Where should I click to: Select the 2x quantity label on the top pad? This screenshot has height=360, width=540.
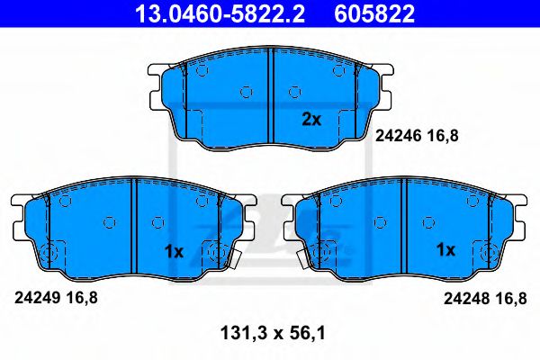coord(310,119)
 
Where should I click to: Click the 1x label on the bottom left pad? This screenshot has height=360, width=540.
coord(174,252)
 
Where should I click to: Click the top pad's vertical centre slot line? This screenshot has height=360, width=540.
coord(272,99)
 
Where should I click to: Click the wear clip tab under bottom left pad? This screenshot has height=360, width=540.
coord(237,262)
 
